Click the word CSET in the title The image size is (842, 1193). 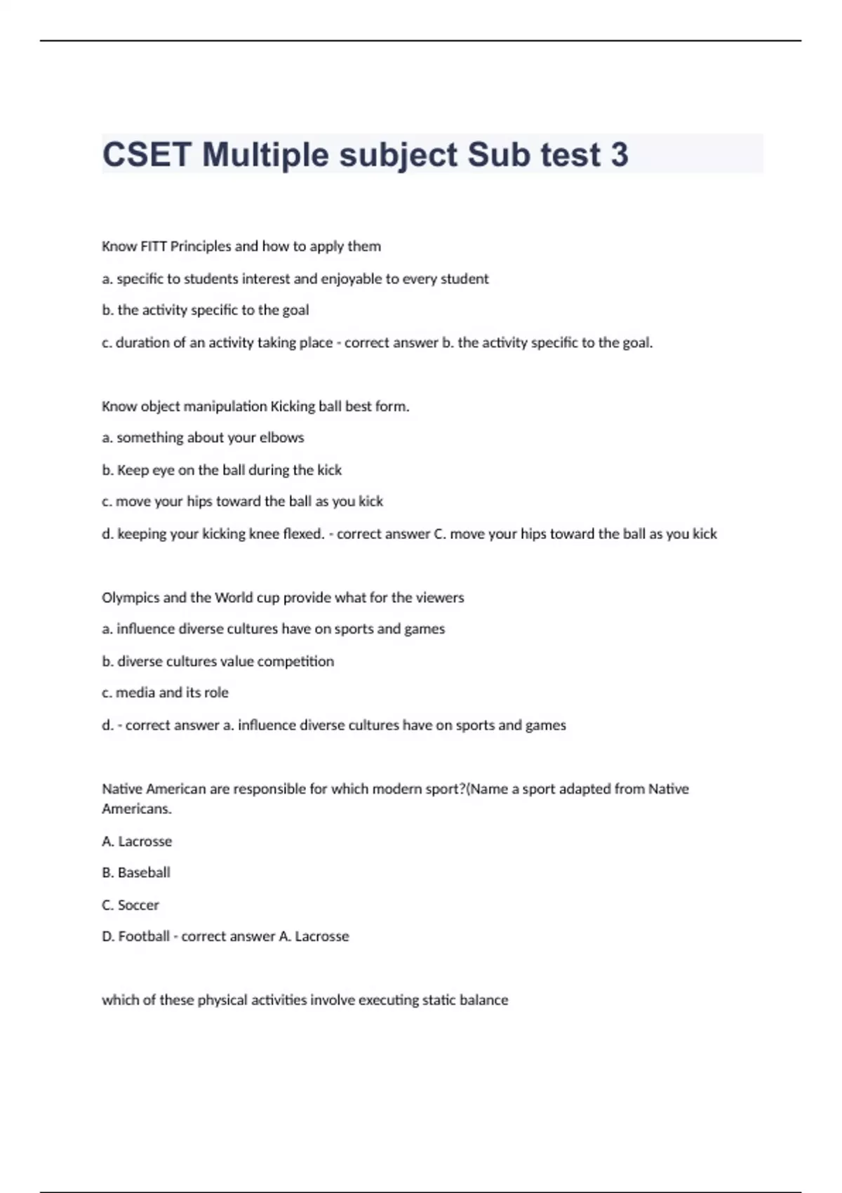[147, 154]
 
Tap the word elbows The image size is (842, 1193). [281, 438]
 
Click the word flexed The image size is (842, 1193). [303, 534]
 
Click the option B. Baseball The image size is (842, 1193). [136, 872]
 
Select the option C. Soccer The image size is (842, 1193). [131, 905]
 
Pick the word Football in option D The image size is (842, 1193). [144, 936]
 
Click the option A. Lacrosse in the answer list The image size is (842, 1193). [137, 841]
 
